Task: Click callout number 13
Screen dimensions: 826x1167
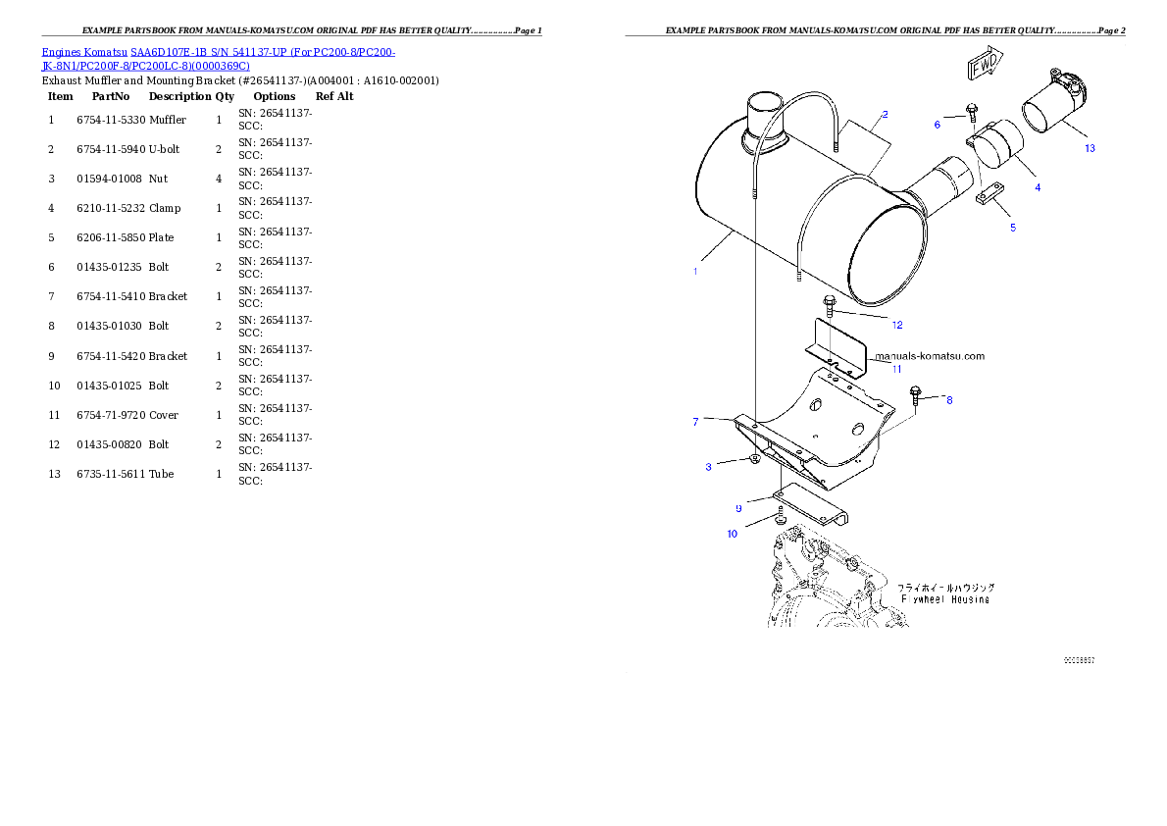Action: coord(1090,148)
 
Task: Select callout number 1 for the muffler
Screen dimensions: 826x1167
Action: coord(695,271)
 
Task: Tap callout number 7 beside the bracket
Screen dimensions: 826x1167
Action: coord(695,422)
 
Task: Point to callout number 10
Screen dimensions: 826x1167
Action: coord(732,534)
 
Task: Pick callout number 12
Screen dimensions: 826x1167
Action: coord(896,325)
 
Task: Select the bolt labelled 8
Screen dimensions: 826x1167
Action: coord(916,394)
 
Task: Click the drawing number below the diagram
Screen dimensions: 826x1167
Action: coord(1079,660)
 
